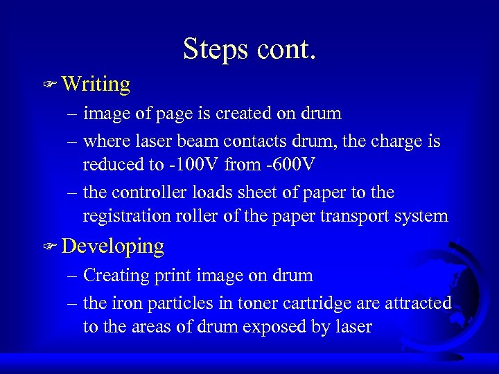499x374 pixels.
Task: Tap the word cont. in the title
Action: (x=285, y=49)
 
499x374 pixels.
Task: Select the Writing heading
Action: (x=96, y=84)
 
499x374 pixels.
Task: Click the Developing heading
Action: (x=113, y=246)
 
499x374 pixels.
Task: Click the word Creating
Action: (x=114, y=275)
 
